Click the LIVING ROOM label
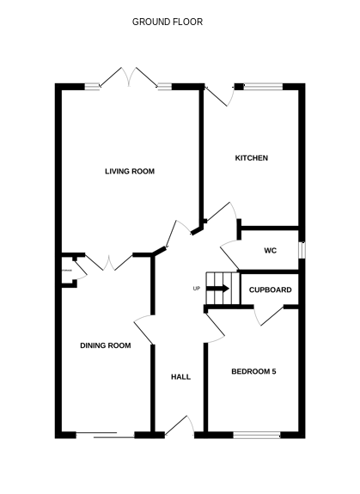(x=130, y=172)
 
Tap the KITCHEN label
(x=253, y=159)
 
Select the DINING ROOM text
(x=105, y=345)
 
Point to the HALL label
(x=180, y=376)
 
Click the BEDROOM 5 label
(x=253, y=371)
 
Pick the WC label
(x=270, y=251)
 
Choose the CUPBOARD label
(x=271, y=290)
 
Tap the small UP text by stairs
(x=197, y=288)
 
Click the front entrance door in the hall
(x=179, y=425)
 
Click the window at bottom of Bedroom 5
(x=256, y=435)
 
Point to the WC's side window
(x=302, y=250)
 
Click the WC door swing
(x=230, y=252)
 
